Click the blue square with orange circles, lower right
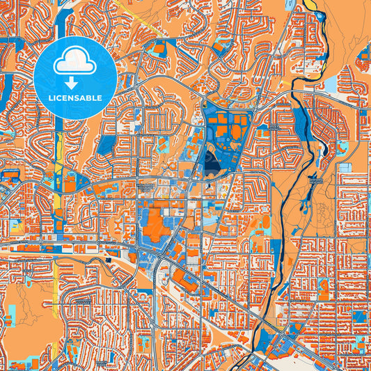point(358,317)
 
